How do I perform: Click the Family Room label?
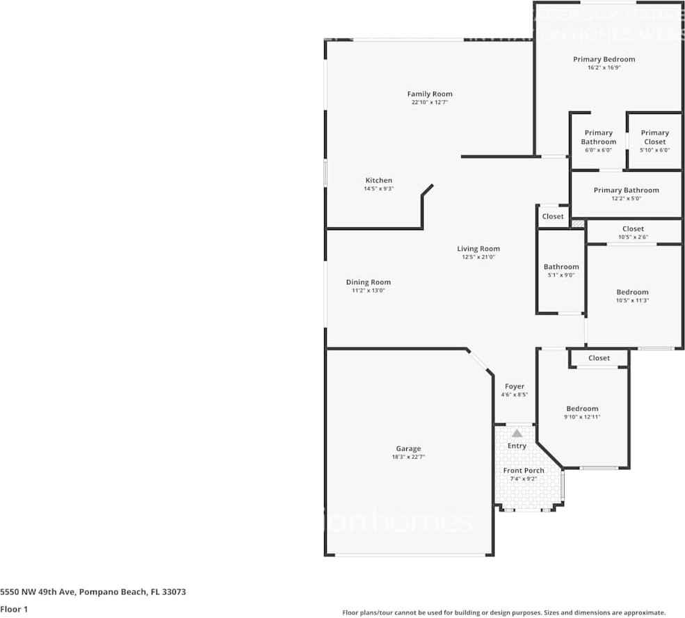point(429,94)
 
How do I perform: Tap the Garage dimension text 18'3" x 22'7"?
point(408,457)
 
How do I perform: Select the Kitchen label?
point(379,181)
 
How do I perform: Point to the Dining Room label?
point(368,282)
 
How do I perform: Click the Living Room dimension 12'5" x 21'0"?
point(478,257)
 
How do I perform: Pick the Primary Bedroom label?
point(604,60)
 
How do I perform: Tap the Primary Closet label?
point(654,137)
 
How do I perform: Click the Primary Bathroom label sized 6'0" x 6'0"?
point(598,137)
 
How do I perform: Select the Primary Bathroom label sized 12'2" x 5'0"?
point(626,190)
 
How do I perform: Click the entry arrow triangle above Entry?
point(516,433)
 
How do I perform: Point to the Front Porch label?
point(524,471)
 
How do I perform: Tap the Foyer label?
point(515,387)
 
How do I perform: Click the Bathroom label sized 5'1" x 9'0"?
point(561,267)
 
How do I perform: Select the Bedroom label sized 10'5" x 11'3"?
point(632,292)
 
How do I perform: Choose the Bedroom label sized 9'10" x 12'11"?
point(581,409)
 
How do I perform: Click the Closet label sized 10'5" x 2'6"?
point(633,229)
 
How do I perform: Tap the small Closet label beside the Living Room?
point(553,216)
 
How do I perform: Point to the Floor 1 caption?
point(14,609)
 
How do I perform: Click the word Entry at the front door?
point(517,446)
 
